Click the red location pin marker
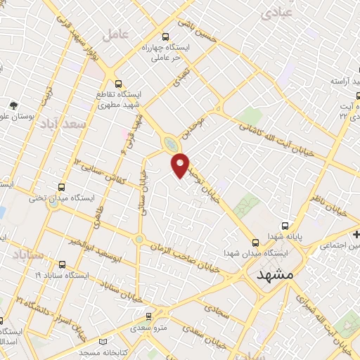(x=181, y=166)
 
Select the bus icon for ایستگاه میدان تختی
(x=62, y=188)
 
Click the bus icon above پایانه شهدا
(x=285, y=226)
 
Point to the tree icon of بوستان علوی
(x=13, y=105)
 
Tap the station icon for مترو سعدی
(x=148, y=317)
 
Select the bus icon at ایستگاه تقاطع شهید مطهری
(x=118, y=82)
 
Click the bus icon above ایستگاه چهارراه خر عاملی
(x=165, y=37)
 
